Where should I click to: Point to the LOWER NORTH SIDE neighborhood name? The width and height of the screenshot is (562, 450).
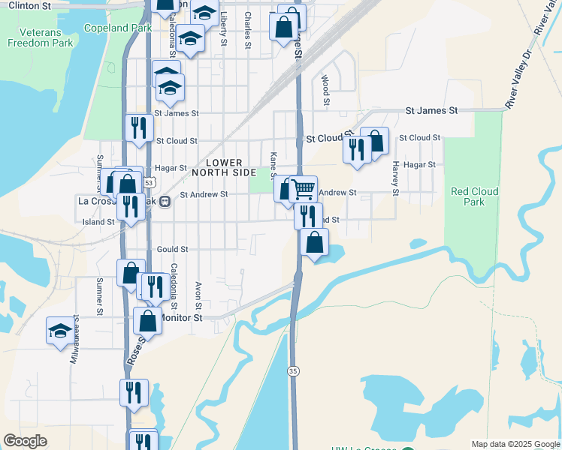pos(217,167)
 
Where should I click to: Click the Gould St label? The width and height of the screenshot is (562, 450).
pos(172,249)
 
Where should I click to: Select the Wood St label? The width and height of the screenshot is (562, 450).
pos(326,89)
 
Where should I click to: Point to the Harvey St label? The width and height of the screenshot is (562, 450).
pos(394,178)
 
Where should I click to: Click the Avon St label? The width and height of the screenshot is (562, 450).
pos(198,295)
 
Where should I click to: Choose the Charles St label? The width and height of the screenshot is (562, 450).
pos(247,30)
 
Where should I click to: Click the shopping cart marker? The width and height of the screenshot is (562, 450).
pos(304,188)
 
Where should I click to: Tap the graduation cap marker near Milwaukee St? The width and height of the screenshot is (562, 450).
pos(60,329)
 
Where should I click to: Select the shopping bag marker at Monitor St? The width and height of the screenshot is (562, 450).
pos(148,319)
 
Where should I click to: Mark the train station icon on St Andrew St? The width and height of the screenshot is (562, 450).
pos(165,201)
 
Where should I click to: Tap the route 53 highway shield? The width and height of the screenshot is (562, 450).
pos(150,183)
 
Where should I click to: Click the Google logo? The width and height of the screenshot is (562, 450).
pos(25,441)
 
